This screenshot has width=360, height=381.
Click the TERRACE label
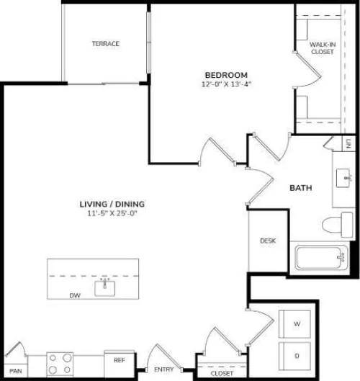[106, 44]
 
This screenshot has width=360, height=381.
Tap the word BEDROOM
[226, 75]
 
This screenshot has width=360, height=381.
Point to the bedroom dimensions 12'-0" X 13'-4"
[226, 84]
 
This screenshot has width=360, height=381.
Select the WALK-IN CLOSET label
[323, 48]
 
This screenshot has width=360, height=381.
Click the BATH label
[301, 188]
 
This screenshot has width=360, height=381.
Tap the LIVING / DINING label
[112, 204]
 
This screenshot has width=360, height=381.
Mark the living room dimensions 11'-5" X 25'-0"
[112, 214]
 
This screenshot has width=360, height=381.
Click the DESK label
[268, 241]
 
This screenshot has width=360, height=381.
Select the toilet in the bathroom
[338, 225]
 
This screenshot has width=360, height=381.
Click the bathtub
[321, 258]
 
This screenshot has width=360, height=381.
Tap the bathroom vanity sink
[343, 178]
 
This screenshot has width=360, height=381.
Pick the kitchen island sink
[104, 288]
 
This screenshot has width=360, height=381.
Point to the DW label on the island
[75, 296]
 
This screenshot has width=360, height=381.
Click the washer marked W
[294, 324]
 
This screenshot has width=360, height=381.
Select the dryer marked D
[294, 357]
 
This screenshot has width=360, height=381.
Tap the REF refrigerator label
[120, 360]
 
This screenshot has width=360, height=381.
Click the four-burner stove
[60, 364]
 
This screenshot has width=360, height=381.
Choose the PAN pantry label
[16, 371]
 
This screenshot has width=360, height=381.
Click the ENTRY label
[164, 369]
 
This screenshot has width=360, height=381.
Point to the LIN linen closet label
[348, 143]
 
